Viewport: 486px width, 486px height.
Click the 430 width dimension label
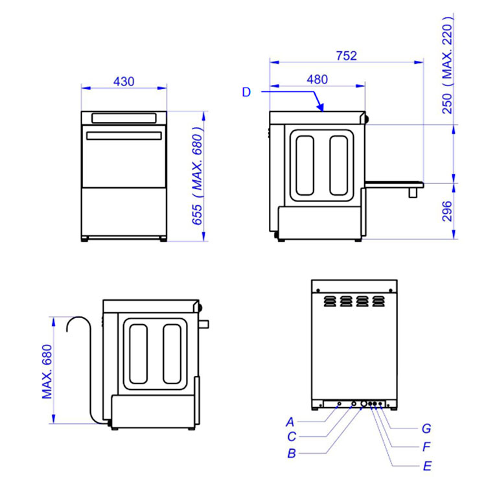pos(124,82)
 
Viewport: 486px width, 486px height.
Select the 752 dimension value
pos(347,56)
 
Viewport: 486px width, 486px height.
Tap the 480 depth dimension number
pos(317,80)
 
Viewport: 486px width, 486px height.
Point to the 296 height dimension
pos(447,211)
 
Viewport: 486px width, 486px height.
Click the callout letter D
pos(246,92)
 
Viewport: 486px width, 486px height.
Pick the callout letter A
pos(290,422)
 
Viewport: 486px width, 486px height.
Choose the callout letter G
pos(426,429)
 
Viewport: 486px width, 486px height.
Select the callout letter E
pos(427,466)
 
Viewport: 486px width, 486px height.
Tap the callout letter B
pos(292,454)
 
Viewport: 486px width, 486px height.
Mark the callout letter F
pos(427,446)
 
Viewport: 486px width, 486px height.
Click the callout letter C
pos(292,437)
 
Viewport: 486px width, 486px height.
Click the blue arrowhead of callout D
pos(321,107)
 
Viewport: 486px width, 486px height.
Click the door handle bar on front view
pos(124,136)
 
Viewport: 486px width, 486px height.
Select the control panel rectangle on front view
pos(124,118)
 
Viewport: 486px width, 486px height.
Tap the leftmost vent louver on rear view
pos(330,301)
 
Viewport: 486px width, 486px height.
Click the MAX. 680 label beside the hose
pos(47,372)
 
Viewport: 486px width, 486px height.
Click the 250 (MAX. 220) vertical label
pos(448,65)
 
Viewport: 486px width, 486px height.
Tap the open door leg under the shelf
pos(413,192)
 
